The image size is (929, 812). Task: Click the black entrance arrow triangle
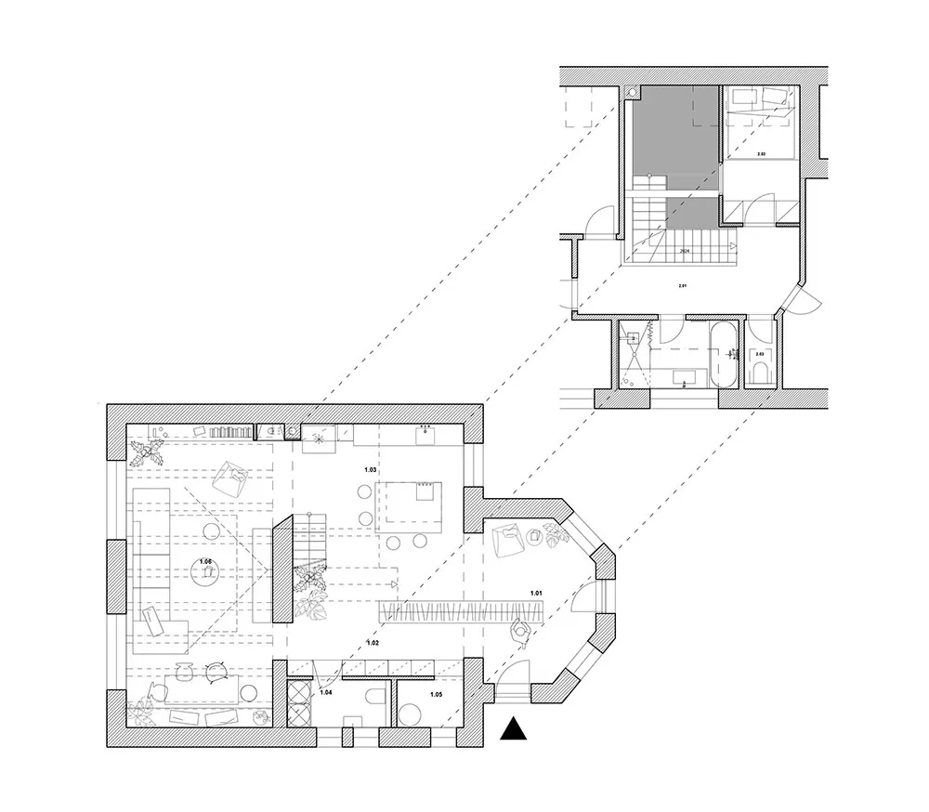513,730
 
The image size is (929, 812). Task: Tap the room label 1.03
371,471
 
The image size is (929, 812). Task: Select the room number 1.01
537,592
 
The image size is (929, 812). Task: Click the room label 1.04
326,692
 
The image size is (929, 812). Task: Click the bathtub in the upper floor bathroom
723,356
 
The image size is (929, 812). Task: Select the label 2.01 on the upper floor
683,285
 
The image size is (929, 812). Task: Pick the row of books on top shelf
231,432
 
